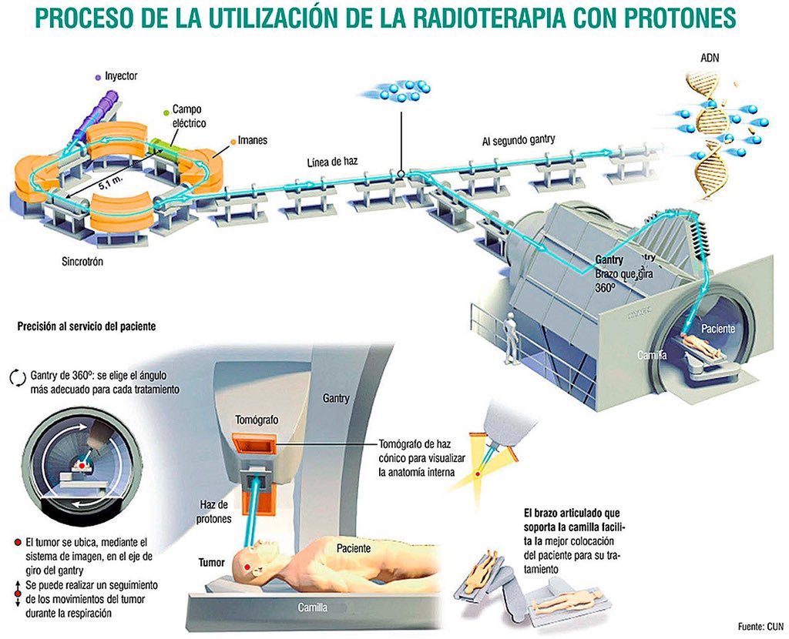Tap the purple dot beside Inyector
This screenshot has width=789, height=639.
click(96, 77)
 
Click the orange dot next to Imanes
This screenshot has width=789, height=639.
click(232, 141)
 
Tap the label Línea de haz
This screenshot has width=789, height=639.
click(333, 161)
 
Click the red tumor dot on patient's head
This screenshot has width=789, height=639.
click(247, 567)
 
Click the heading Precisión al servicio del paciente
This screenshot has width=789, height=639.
click(86, 326)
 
